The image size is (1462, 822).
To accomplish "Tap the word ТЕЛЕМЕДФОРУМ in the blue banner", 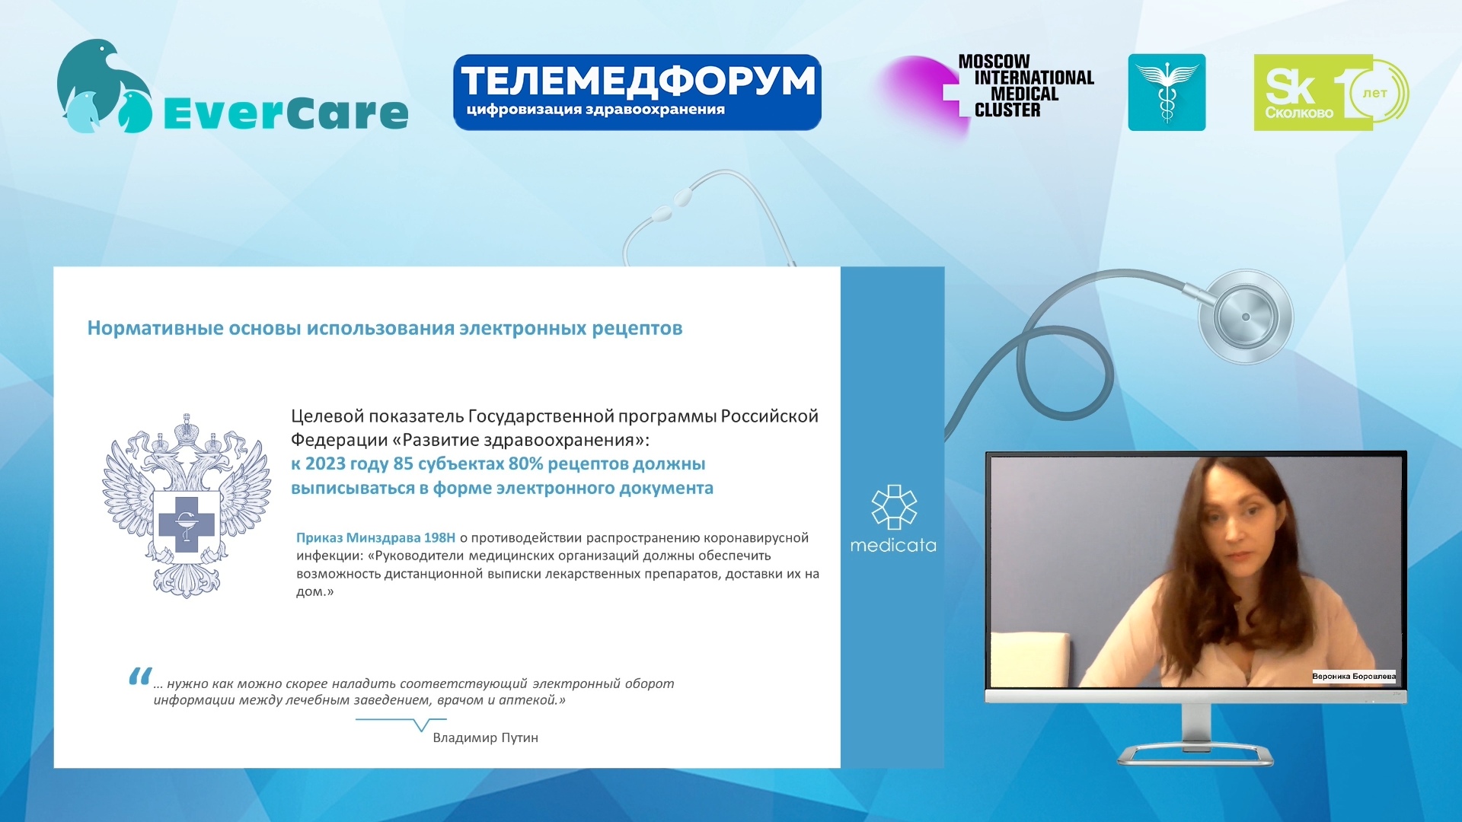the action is point(638,81).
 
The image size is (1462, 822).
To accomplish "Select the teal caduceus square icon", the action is point(1167,92).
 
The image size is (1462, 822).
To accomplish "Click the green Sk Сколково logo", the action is point(1331,92).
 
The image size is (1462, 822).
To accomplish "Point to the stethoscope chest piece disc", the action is point(1246,317).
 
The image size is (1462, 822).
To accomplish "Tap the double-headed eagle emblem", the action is point(187,505).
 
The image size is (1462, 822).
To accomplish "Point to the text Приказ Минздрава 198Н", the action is point(375,537).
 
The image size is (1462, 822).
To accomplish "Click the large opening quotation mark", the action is point(139,676).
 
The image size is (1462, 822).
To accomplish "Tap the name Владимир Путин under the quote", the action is point(485,738).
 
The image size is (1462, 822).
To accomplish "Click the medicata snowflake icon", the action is point(894,507).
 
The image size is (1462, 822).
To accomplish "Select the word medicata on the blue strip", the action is point(893,545).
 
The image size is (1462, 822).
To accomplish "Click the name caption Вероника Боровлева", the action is point(1354,676).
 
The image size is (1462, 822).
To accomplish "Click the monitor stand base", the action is point(1195,754).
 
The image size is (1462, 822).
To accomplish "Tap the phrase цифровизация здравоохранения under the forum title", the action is point(595,110).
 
